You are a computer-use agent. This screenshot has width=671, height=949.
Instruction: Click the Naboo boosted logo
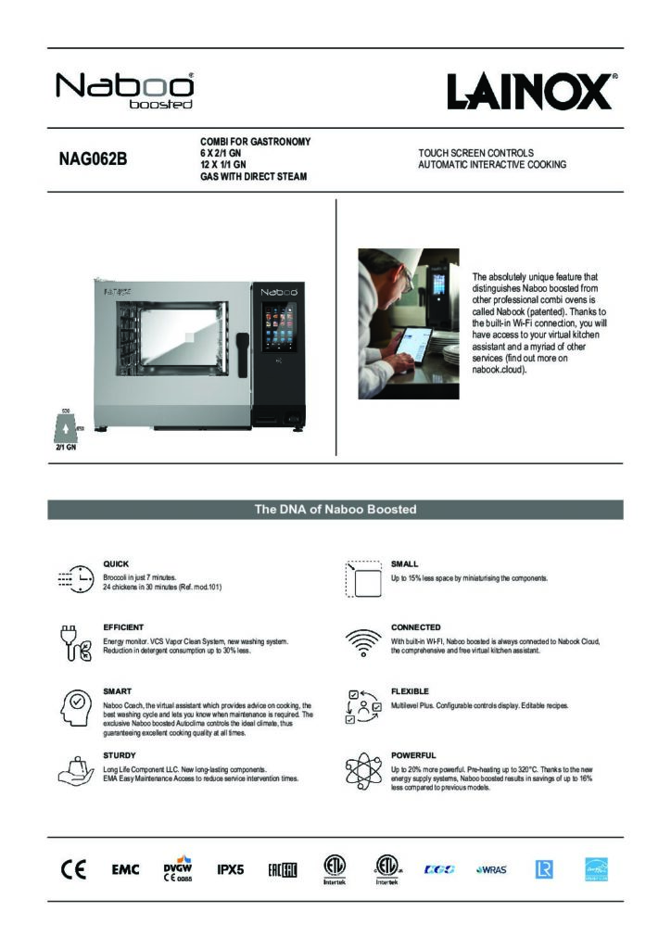[125, 91]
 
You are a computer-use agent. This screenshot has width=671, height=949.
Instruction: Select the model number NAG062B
[93, 158]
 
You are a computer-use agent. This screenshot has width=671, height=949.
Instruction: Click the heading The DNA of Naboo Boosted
[335, 510]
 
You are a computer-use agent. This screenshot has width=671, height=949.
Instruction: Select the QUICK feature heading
[116, 563]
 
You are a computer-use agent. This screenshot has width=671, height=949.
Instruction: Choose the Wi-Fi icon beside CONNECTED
[362, 641]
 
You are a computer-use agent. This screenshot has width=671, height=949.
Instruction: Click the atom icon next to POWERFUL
[362, 772]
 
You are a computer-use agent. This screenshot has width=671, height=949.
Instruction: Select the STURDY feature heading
[120, 755]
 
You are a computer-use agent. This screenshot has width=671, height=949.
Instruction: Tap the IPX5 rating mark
[230, 869]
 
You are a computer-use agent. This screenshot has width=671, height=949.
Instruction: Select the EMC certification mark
[125, 869]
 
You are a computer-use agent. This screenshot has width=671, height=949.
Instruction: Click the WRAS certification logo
[491, 869]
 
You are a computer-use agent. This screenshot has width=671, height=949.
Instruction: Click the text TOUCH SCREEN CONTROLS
[475, 152]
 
